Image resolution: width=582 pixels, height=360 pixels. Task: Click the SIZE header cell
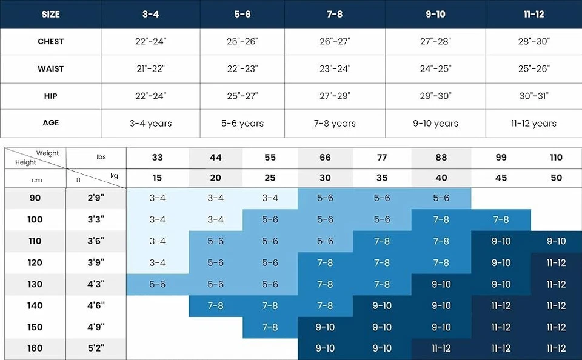50,14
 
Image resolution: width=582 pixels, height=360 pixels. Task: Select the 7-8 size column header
335,14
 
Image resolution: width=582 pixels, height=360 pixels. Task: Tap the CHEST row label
50,41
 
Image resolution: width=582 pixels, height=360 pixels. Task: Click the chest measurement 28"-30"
533,41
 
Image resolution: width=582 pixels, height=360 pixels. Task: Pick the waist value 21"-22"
150,68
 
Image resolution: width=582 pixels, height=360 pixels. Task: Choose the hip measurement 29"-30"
435,96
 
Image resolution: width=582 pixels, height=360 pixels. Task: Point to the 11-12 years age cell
533,123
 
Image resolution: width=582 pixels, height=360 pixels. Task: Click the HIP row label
50,96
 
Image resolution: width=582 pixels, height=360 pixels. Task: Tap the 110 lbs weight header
556,158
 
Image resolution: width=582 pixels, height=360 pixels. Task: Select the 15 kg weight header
158,178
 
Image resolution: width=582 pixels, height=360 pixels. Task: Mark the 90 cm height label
35,198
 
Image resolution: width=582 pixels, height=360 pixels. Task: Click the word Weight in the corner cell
47,153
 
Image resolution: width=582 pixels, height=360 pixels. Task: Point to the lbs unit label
101,157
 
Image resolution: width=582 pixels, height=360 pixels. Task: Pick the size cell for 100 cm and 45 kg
501,220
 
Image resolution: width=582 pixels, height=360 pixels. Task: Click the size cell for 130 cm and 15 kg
158,284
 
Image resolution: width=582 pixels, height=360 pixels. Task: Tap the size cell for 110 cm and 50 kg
556,241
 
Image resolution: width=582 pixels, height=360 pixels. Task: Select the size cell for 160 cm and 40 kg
441,348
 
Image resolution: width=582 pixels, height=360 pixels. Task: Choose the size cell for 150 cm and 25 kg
270,327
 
